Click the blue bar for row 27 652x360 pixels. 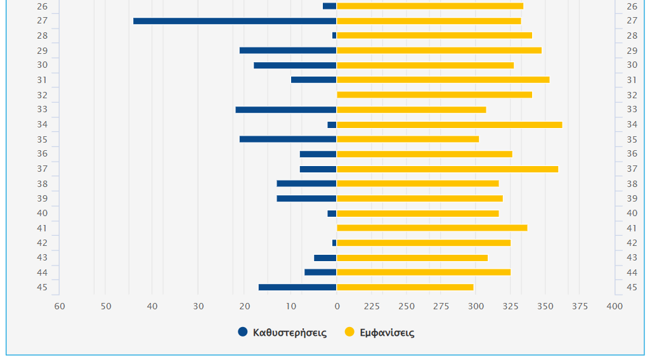pyautogui.click(x=235, y=21)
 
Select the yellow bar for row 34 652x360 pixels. pyautogui.click(x=449, y=125)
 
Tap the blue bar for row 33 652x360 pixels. pyautogui.click(x=285, y=110)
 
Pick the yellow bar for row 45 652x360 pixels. pyautogui.click(x=405, y=287)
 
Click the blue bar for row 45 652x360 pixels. pyautogui.click(x=297, y=287)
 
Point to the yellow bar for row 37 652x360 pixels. pyautogui.click(x=447, y=169)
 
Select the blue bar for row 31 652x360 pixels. pyautogui.click(x=313, y=80)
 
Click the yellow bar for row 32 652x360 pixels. pyautogui.click(x=434, y=95)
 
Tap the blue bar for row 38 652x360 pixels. pyautogui.click(x=306, y=184)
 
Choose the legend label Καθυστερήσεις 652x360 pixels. pyautogui.click(x=289, y=333)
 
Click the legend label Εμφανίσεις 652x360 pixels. pyautogui.click(x=387, y=333)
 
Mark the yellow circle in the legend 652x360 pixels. pyautogui.click(x=349, y=332)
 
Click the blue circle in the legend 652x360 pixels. pyautogui.click(x=243, y=332)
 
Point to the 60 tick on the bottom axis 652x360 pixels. pyautogui.click(x=60, y=307)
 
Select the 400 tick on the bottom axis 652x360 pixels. pyautogui.click(x=614, y=307)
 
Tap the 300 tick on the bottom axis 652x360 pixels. pyautogui.click(x=476, y=307)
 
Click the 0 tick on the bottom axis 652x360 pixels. pyautogui.click(x=337, y=307)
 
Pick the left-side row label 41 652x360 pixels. pyautogui.click(x=42, y=228)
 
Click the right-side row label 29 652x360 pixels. pyautogui.click(x=632, y=51)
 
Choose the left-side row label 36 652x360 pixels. pyautogui.click(x=42, y=154)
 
